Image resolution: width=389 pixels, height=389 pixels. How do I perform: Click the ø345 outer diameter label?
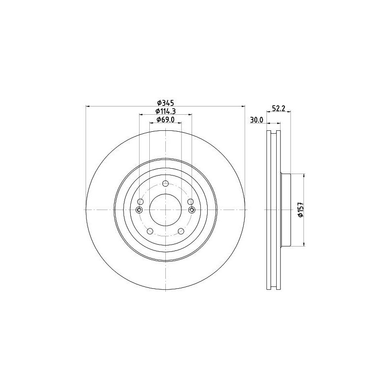point(165,103)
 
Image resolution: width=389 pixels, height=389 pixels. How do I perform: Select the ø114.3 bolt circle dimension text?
point(165,111)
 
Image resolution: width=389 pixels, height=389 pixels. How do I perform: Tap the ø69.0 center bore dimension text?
point(165,120)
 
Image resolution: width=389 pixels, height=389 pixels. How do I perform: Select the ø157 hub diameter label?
point(300,210)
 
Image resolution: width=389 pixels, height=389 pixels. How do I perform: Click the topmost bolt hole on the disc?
point(165,183)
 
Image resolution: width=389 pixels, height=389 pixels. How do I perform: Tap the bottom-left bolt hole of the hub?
point(150,231)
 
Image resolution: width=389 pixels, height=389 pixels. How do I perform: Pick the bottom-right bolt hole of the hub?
point(181,231)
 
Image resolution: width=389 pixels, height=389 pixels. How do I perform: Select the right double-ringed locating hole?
point(192,210)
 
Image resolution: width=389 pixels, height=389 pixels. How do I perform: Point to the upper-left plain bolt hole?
point(141,202)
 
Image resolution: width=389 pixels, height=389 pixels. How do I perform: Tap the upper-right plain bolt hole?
point(190,202)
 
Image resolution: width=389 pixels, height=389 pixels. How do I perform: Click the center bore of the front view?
point(165,210)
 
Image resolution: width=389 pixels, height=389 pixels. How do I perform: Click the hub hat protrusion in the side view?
point(285,210)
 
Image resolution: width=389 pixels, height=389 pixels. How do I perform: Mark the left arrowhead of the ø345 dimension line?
point(88,106)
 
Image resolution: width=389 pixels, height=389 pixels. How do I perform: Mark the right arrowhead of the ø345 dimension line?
point(243,106)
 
